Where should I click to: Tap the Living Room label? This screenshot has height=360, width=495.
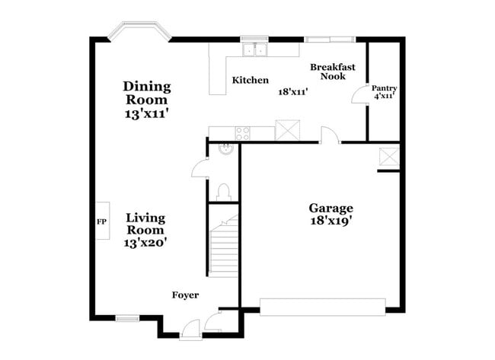point(145,223)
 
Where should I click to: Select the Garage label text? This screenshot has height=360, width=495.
point(331,208)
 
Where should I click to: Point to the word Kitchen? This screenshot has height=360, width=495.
point(251,80)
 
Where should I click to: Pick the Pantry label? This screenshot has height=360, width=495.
point(384,88)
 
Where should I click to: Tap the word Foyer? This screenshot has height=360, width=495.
point(185,295)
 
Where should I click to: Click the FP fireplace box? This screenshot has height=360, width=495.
point(101,222)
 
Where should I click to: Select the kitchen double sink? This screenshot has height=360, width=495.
point(254,50)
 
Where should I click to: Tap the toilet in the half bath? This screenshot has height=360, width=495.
point(224,190)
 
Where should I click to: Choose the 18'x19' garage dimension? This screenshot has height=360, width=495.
point(331,221)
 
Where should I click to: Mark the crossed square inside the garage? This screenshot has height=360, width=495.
point(389,158)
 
